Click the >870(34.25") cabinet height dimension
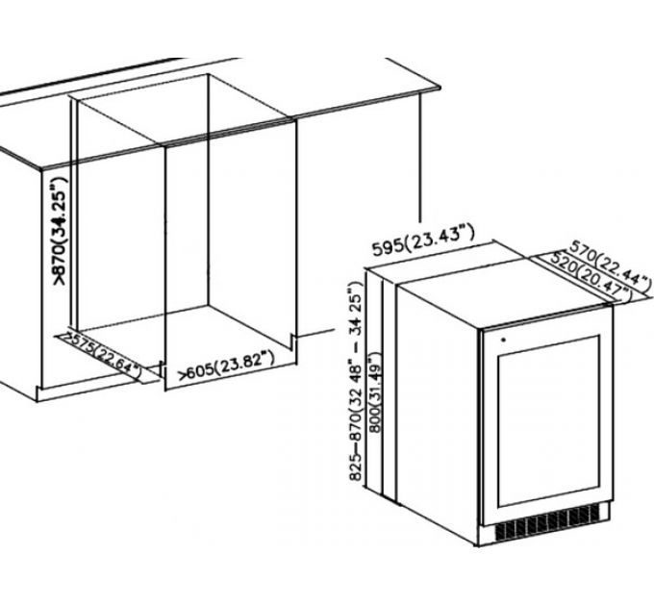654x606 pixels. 59,231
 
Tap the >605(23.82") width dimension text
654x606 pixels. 226,366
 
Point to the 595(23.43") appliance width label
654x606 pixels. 423,240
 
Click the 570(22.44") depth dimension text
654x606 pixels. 610,265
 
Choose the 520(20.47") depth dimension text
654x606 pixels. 591,275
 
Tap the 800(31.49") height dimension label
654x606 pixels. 374,392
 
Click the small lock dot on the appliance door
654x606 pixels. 503,340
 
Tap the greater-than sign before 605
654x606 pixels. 183,375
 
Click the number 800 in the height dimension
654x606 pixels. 375,420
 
